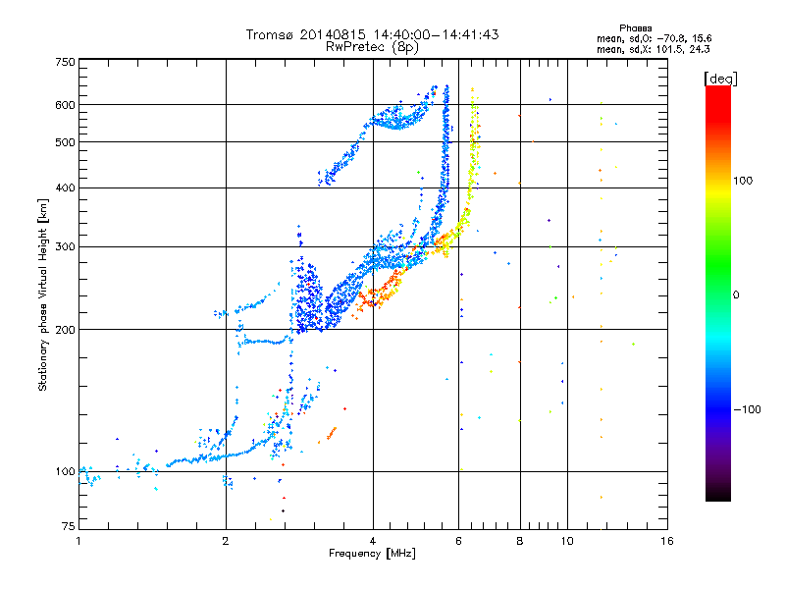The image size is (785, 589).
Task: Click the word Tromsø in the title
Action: [x=272, y=34]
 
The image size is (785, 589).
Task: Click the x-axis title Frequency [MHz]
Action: [x=373, y=554]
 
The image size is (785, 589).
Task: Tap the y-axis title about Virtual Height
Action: [x=43, y=294]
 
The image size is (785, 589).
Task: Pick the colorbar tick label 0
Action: [x=737, y=294]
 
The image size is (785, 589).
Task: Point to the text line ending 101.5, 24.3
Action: [x=646, y=48]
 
